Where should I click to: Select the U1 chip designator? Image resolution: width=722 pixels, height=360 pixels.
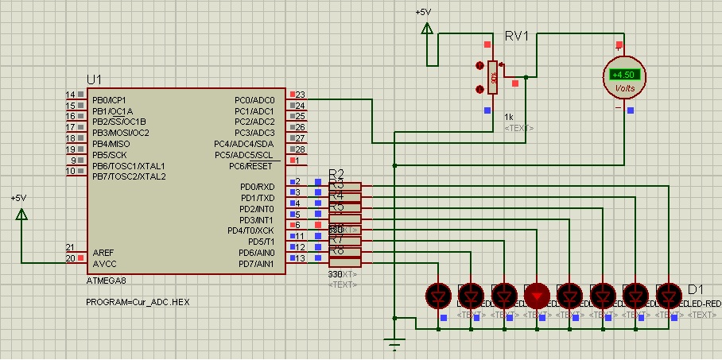(x=95, y=79)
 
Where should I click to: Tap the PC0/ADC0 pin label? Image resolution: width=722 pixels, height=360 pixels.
(x=254, y=99)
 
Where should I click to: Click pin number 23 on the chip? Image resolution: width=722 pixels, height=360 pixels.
(x=301, y=95)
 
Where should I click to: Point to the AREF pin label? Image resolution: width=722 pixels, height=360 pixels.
(x=103, y=251)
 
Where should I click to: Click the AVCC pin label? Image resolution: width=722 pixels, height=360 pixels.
(x=103, y=262)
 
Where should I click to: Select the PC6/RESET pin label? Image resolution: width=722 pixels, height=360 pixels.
(x=250, y=165)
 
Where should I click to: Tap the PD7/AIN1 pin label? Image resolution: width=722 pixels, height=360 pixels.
(x=256, y=263)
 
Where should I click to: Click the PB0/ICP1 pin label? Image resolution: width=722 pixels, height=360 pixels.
(x=109, y=99)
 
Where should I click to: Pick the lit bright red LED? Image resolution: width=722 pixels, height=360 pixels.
(x=538, y=296)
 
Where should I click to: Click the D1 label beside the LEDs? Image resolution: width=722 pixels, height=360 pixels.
(x=696, y=289)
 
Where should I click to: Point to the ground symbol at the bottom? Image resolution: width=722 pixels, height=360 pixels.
(x=394, y=345)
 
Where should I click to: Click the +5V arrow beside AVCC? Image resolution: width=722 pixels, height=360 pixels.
(x=21, y=215)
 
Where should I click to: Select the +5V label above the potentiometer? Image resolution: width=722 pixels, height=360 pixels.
(x=424, y=12)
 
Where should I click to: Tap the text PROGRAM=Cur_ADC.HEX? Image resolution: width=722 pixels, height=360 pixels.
(x=138, y=303)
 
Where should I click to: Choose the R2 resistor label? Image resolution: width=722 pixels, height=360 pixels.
(x=336, y=174)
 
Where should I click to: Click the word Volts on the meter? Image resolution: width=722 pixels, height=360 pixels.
(x=625, y=88)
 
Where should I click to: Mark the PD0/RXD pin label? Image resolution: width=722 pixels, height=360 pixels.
(x=257, y=187)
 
